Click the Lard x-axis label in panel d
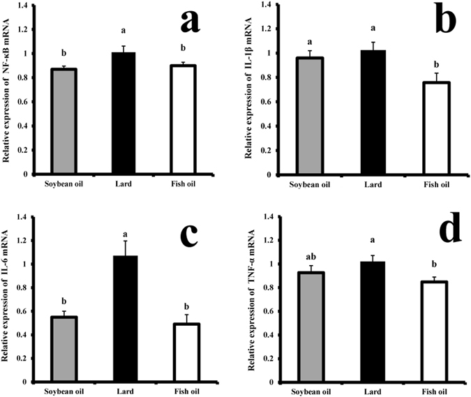point(364,390)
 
